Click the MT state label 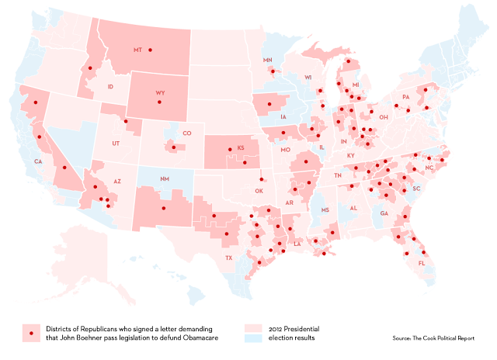137,50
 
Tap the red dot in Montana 151,50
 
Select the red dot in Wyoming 159,102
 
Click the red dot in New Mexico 163,208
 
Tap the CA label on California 37,161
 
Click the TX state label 228,258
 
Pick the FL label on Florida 422,264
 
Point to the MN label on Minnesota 268,61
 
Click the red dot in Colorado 172,145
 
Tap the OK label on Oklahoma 259,190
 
